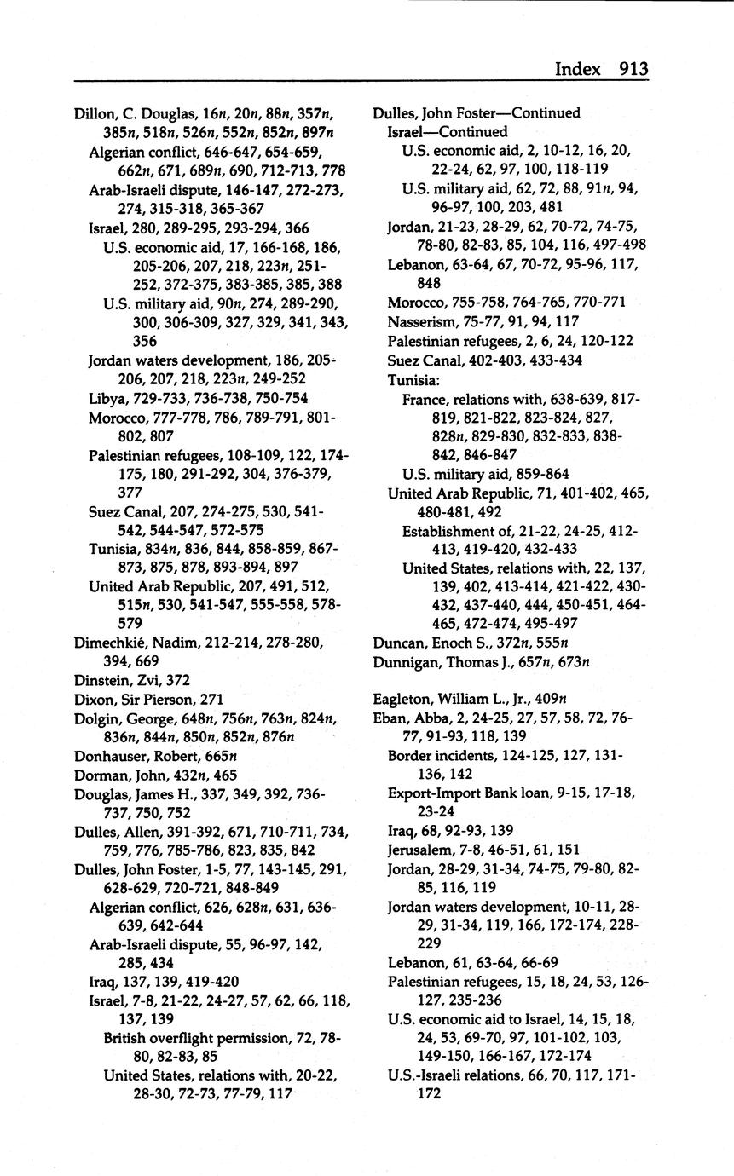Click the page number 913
click(x=633, y=68)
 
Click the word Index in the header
click(x=578, y=68)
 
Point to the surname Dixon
click(x=93, y=699)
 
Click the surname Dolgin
click(x=95, y=718)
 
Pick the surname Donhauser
click(x=112, y=756)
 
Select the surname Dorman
click(x=98, y=775)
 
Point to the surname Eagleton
click(x=405, y=699)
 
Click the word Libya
click(x=107, y=398)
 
